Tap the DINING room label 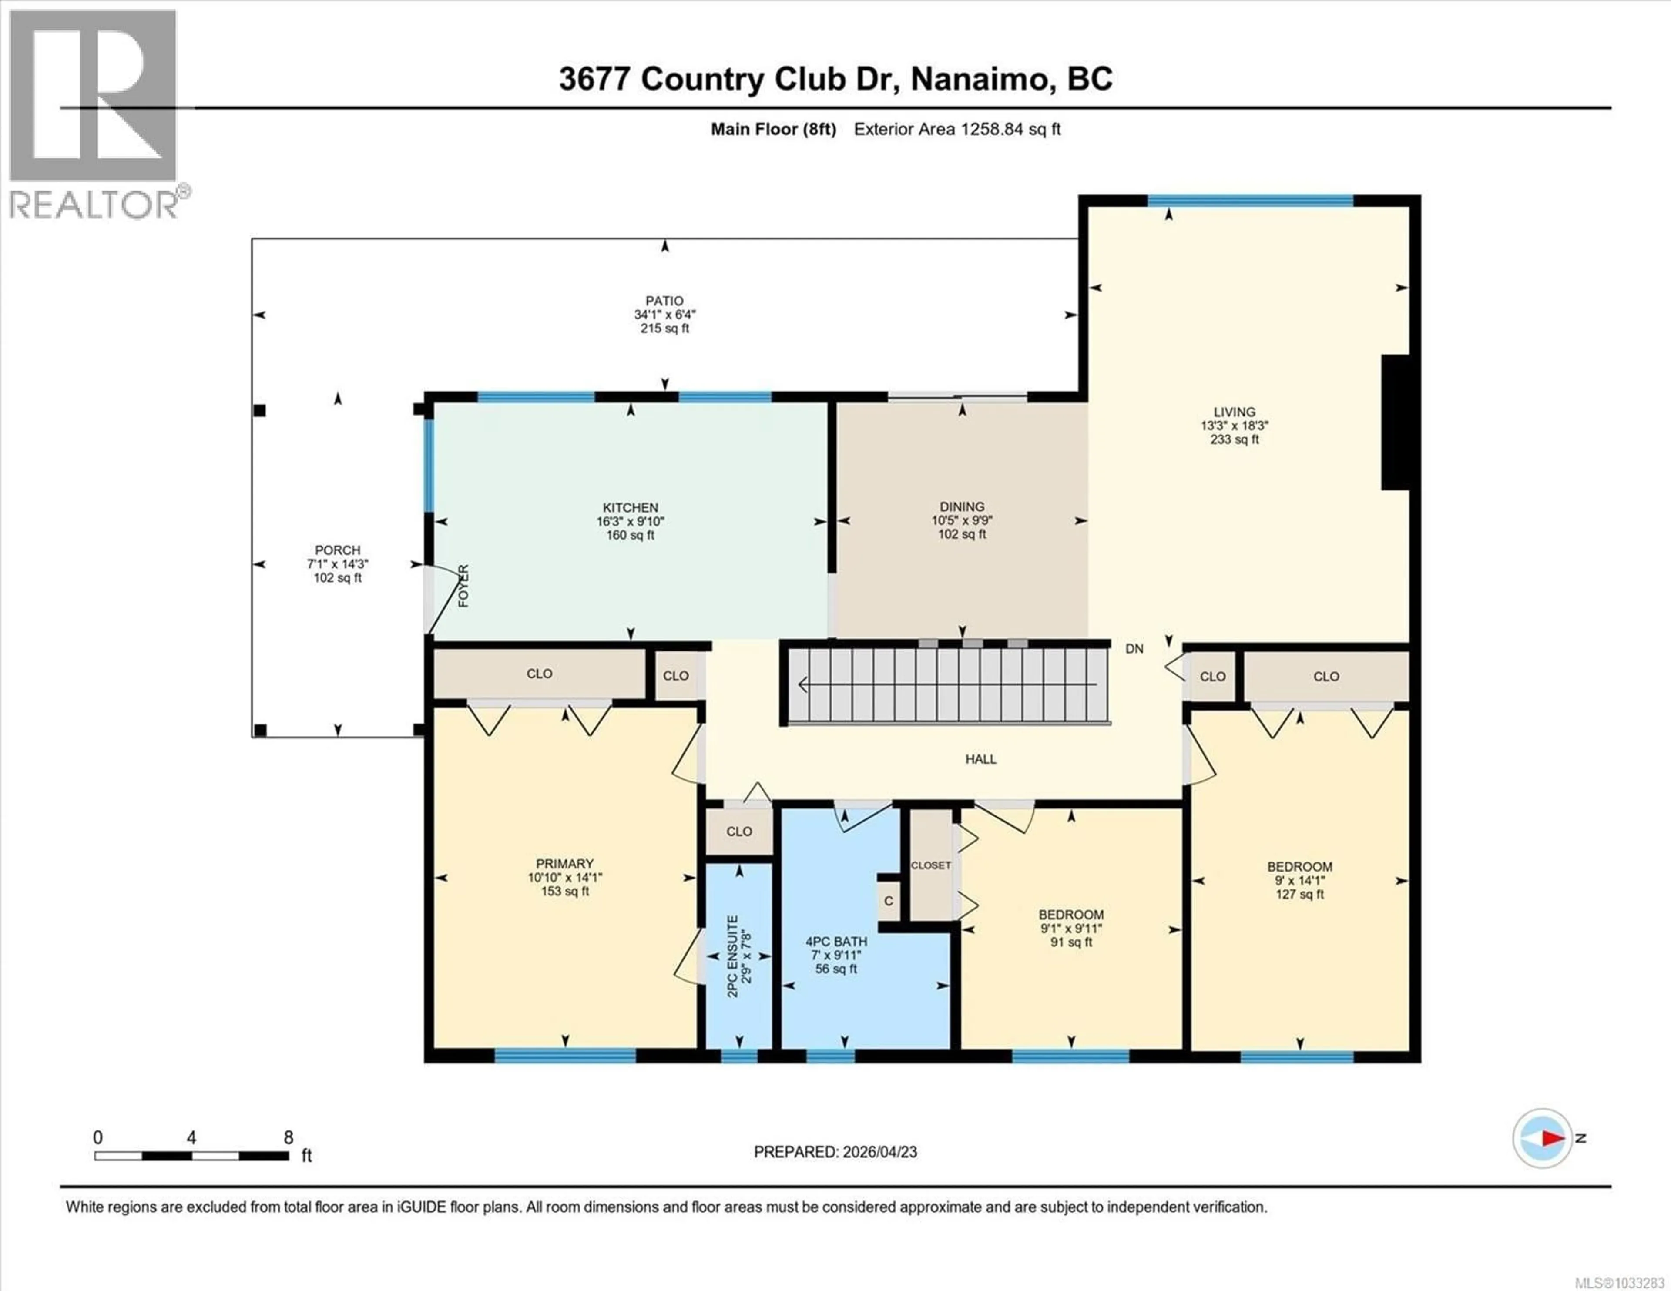click(x=962, y=506)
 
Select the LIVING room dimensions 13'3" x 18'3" click(x=1234, y=426)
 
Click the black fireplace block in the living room click(x=1395, y=422)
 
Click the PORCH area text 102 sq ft click(x=337, y=578)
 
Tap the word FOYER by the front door click(x=463, y=586)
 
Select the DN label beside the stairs click(x=1134, y=649)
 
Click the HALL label click(x=980, y=759)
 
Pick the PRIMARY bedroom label click(x=565, y=863)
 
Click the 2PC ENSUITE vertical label click(x=733, y=956)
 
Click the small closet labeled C click(x=888, y=901)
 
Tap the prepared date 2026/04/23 click(x=878, y=1152)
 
